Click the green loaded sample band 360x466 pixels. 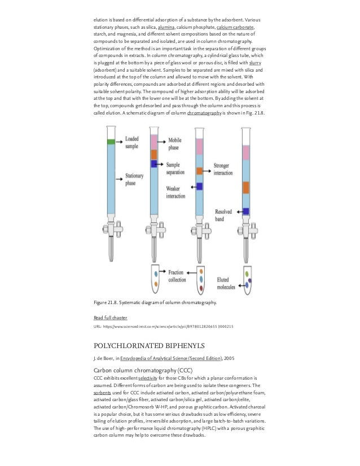click(110, 142)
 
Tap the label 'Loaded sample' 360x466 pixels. click(132, 142)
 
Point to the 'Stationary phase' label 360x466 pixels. click(134, 180)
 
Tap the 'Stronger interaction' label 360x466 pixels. click(226, 169)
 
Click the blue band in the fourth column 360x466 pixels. click(246, 211)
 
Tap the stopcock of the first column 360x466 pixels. click(110, 229)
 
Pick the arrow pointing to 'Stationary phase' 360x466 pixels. click(120, 179)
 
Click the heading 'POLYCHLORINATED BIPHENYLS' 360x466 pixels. click(146, 345)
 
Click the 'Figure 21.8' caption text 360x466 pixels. click(155, 303)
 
